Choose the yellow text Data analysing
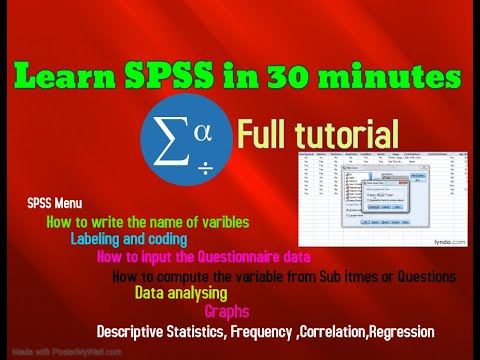point(181,293)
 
